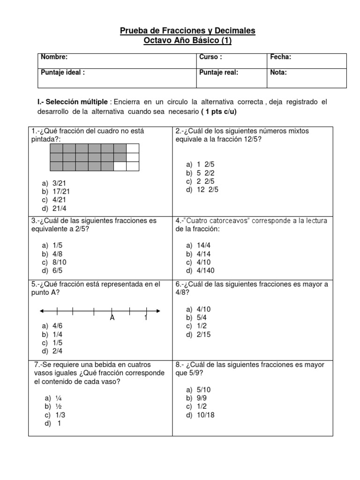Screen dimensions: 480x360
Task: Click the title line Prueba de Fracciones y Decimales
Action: point(187,30)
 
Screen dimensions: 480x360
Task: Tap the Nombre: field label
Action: point(54,57)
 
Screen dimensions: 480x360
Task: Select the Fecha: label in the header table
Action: point(281,57)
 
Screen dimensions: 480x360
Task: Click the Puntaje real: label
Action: point(219,73)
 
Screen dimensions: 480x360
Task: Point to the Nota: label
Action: point(278,73)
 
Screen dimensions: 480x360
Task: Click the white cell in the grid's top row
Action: point(133,149)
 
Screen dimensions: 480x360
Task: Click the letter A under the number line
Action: point(112,318)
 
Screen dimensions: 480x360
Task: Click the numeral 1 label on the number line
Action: point(146,318)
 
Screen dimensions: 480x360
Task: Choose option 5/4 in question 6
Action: point(204,317)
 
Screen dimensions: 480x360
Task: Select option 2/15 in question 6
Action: point(206,334)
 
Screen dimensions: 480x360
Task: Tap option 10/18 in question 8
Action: point(206,415)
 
